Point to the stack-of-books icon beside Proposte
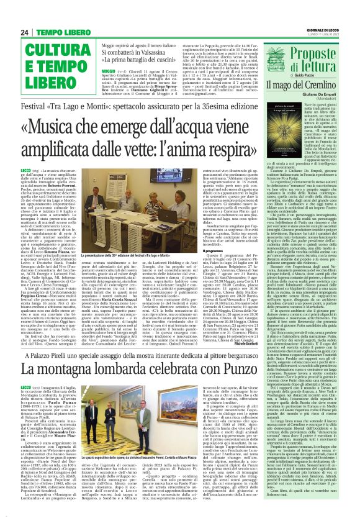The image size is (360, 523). point(265,47)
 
